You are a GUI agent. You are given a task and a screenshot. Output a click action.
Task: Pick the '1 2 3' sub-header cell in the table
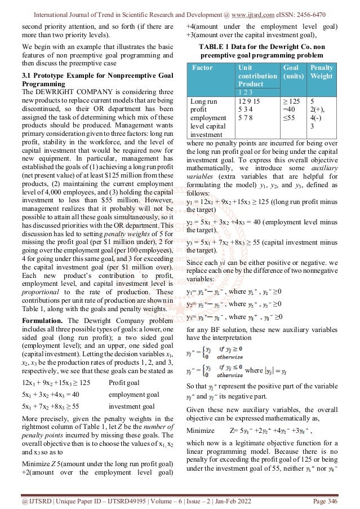(246, 91)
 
